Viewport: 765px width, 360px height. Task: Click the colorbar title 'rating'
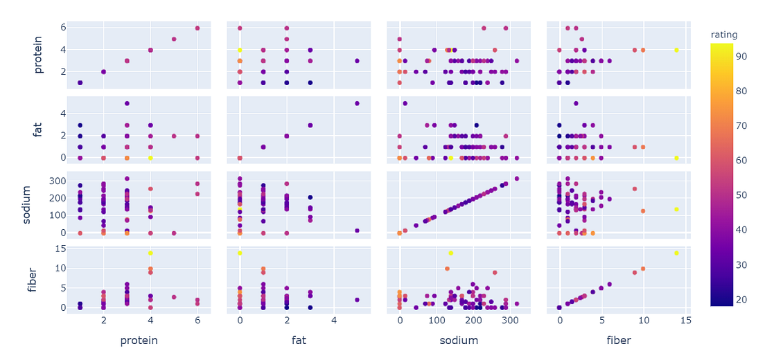pyautogui.click(x=723, y=35)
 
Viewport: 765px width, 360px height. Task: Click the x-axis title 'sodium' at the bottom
pyautogui.click(x=459, y=341)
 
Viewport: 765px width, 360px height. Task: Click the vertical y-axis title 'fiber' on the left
pyautogui.click(x=30, y=278)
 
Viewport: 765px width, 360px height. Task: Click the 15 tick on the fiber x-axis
pyautogui.click(x=686, y=321)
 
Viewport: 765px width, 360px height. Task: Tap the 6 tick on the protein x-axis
pyautogui.click(x=197, y=321)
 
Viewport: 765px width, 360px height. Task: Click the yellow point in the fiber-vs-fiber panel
pyautogui.click(x=676, y=253)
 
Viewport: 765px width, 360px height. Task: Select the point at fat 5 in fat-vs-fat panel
pyautogui.click(x=357, y=104)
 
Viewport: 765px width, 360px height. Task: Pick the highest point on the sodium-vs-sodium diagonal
pyautogui.click(x=516, y=179)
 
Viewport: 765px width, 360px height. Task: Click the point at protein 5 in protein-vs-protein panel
pyautogui.click(x=174, y=39)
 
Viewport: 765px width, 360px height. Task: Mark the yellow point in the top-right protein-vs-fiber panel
pyautogui.click(x=676, y=50)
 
